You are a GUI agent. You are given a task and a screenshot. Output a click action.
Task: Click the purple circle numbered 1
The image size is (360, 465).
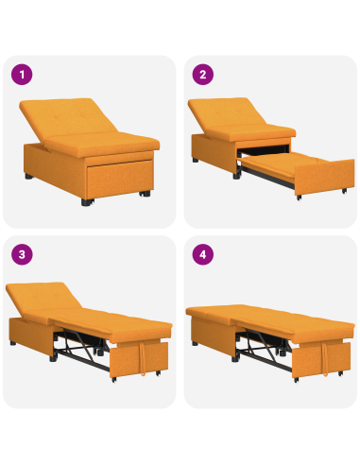coord(20,74)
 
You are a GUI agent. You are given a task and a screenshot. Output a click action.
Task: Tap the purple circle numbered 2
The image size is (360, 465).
coord(201,74)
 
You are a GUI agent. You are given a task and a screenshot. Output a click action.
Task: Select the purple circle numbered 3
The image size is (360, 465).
coord(20,253)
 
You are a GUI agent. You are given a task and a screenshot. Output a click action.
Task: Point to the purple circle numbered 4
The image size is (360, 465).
coord(201,253)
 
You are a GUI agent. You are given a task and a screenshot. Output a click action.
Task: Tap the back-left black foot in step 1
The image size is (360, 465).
coord(32,177)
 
